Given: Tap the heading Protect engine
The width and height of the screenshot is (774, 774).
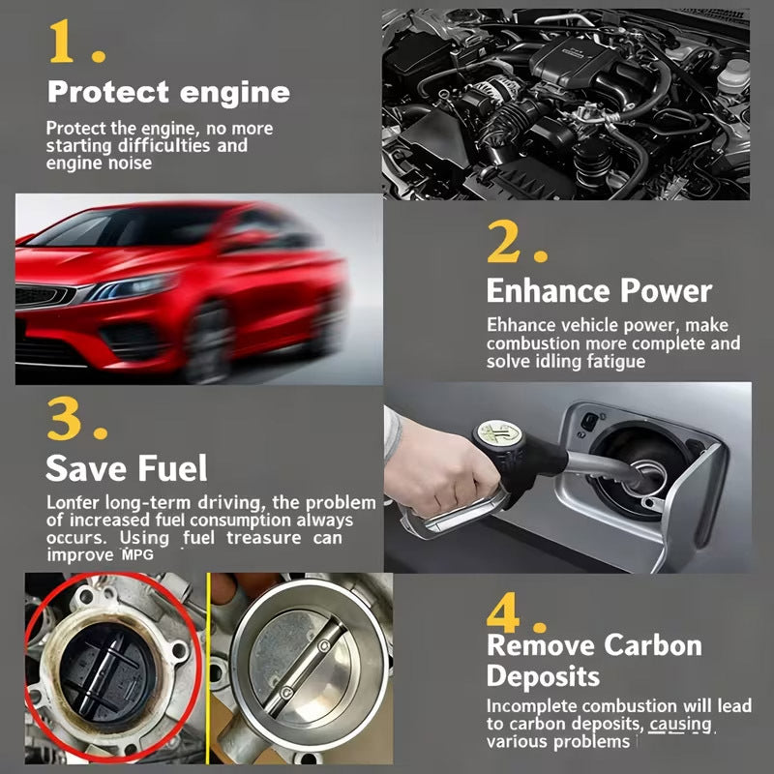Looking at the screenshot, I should (x=168, y=93).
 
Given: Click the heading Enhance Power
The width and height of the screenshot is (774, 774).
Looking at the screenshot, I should (x=598, y=291).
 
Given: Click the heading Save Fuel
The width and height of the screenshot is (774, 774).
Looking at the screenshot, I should (x=126, y=469).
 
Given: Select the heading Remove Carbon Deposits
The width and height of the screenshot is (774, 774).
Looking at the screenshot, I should (x=593, y=660).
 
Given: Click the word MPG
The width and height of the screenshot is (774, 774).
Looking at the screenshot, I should (x=136, y=555).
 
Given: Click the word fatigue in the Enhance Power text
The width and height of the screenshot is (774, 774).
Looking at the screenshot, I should (x=611, y=361).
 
